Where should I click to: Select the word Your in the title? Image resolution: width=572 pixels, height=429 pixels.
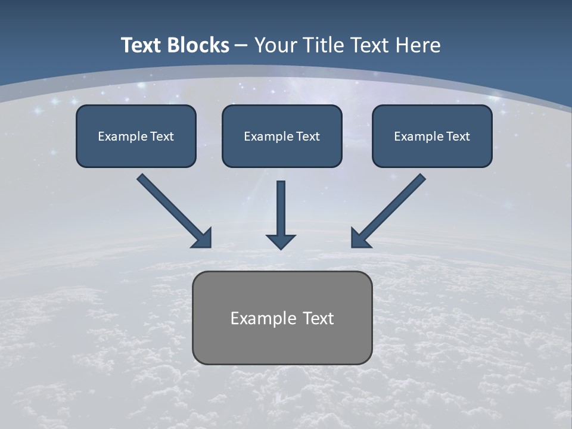[276, 45]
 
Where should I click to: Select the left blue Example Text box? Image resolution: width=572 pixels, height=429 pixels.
[136, 136]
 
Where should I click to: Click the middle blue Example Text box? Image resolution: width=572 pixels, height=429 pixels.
[282, 136]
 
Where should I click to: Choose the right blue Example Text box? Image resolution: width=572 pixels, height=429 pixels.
[432, 136]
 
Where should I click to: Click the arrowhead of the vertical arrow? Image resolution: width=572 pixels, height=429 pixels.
[281, 241]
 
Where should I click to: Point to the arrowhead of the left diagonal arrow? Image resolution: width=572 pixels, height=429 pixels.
[203, 238]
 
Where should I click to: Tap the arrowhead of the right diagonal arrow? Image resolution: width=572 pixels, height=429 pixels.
[360, 238]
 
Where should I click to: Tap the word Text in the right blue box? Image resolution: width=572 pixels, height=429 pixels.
[458, 136]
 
